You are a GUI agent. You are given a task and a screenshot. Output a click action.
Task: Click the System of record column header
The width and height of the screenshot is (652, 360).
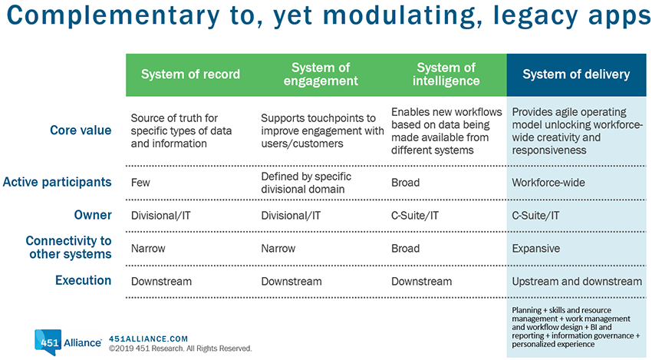(x=190, y=74)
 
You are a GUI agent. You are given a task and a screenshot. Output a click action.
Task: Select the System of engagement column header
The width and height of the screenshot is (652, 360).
(x=321, y=74)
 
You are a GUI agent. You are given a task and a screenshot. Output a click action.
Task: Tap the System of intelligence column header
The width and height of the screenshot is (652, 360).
(x=446, y=74)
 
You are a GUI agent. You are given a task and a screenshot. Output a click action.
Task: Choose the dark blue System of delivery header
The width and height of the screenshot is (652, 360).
(x=576, y=74)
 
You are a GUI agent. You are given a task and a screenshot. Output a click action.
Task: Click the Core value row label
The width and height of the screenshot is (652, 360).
(x=81, y=130)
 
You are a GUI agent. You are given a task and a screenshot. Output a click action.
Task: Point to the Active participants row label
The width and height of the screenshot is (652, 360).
(x=58, y=182)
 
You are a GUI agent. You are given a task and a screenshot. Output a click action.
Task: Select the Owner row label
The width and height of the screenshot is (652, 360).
(x=93, y=215)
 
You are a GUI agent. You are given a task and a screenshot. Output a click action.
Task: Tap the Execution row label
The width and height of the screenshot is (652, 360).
(x=83, y=280)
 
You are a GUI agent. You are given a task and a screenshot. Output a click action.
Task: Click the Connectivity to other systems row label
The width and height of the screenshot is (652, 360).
(x=68, y=247)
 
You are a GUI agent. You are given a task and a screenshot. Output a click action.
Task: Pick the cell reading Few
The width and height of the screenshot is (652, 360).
(x=140, y=183)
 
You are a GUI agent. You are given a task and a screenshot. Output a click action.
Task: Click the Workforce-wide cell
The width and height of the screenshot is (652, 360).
(x=548, y=183)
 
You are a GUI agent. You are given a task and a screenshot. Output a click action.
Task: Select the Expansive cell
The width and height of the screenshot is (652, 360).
(x=536, y=249)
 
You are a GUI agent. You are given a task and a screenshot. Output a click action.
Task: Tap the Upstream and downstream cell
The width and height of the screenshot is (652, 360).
(x=577, y=282)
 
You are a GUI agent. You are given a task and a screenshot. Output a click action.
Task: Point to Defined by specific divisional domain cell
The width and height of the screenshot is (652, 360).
(x=306, y=183)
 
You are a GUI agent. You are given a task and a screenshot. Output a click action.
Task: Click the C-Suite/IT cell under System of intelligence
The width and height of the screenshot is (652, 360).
(x=415, y=216)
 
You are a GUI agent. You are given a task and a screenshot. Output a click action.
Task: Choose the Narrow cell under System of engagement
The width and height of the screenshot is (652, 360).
(x=278, y=249)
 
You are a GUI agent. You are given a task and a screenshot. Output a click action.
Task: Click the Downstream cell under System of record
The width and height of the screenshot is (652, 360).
(x=161, y=282)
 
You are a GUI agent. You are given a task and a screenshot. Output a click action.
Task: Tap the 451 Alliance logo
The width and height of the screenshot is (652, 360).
(x=68, y=342)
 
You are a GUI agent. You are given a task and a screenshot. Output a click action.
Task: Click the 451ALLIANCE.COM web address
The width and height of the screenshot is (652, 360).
(x=149, y=339)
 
